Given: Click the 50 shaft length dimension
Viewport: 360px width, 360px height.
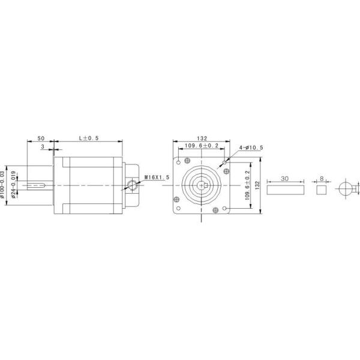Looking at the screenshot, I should coord(40,138).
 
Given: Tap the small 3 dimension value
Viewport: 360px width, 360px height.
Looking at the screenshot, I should coord(43,146).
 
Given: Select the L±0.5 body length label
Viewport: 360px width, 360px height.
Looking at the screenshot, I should coord(89,138).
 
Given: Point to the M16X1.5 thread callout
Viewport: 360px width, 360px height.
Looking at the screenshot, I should coord(158,178).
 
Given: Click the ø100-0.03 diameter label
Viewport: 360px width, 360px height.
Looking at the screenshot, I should coord(5,184).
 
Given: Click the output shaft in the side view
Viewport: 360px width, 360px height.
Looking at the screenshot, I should coord(39,184).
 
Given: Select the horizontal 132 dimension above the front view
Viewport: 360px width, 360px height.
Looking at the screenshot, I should coord(201,138).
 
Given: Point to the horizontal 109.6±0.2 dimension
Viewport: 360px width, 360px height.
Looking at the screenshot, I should coord(201,146).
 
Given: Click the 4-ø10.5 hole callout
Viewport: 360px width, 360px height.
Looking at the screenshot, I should coord(251,148).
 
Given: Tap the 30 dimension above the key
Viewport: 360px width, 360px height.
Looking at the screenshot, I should coord(284,178).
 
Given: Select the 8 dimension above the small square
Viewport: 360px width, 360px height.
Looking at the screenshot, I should coord(322,178).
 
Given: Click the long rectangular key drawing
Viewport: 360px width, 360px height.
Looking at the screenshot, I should coord(284,190).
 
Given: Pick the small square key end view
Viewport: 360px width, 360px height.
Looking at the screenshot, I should coord(322,190).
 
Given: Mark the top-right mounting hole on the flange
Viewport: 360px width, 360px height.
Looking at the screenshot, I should coord(224,161).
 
